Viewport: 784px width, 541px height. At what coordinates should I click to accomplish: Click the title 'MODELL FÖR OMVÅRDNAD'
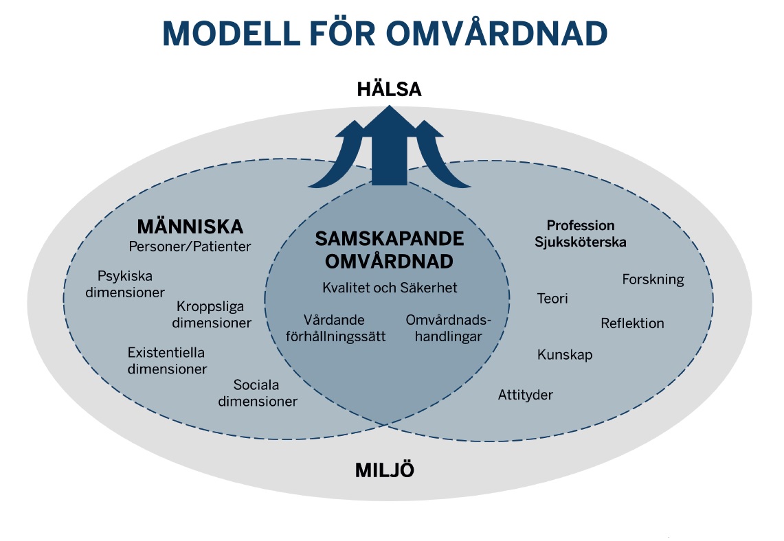[385, 32]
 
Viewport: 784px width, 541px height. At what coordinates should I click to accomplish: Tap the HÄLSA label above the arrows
[389, 90]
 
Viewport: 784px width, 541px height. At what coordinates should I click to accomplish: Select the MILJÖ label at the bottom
[385, 470]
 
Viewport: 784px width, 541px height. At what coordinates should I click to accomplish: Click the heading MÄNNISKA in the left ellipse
[190, 226]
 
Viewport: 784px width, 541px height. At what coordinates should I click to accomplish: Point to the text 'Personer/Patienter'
[190, 246]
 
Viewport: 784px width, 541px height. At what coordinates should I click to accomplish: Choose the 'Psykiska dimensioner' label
[131, 284]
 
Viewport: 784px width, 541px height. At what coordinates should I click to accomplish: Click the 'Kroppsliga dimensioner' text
[211, 314]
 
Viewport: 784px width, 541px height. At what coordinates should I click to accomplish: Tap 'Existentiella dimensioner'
[166, 360]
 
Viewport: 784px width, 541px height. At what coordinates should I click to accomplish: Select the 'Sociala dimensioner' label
[258, 393]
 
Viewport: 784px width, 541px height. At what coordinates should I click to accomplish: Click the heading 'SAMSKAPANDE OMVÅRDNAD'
[390, 250]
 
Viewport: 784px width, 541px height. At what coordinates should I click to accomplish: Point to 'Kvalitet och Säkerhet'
[390, 288]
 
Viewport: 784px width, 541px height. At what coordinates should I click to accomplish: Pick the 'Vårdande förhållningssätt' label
[335, 328]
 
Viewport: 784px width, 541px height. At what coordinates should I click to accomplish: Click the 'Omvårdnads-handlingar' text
[443, 328]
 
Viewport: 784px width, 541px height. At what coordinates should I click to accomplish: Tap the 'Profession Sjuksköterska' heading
[581, 233]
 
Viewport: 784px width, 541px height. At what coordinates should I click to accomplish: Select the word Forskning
[653, 279]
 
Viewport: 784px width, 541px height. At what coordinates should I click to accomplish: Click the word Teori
[552, 299]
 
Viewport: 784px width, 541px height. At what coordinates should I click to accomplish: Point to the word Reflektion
[632, 323]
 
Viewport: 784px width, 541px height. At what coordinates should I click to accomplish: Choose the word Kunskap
[565, 355]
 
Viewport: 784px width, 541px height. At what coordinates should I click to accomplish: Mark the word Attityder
[526, 395]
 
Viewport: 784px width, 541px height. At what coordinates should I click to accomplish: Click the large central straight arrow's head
[390, 123]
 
